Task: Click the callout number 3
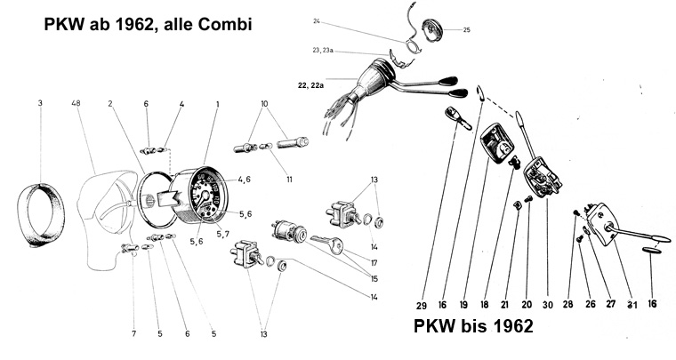tap(40, 104)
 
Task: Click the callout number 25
tap(467, 30)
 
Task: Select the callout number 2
tap(111, 104)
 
